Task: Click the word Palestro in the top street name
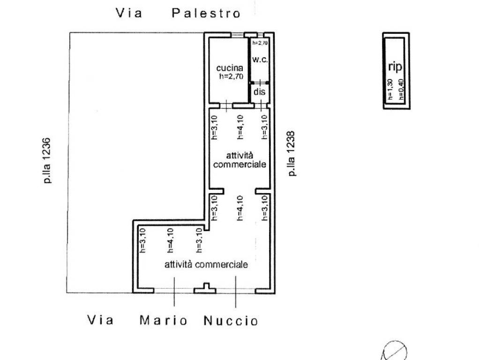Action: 206,13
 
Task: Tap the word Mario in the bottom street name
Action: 164,321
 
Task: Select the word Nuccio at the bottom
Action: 231,321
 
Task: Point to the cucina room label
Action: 226,68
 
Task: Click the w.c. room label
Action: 259,60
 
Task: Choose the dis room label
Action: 259,92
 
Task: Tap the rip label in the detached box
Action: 395,67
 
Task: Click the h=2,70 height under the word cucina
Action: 231,77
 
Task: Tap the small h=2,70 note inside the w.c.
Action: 260,43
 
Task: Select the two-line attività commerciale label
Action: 240,160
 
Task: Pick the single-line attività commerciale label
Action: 206,265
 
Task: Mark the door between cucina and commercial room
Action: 225,105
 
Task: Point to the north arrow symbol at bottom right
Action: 395,351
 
